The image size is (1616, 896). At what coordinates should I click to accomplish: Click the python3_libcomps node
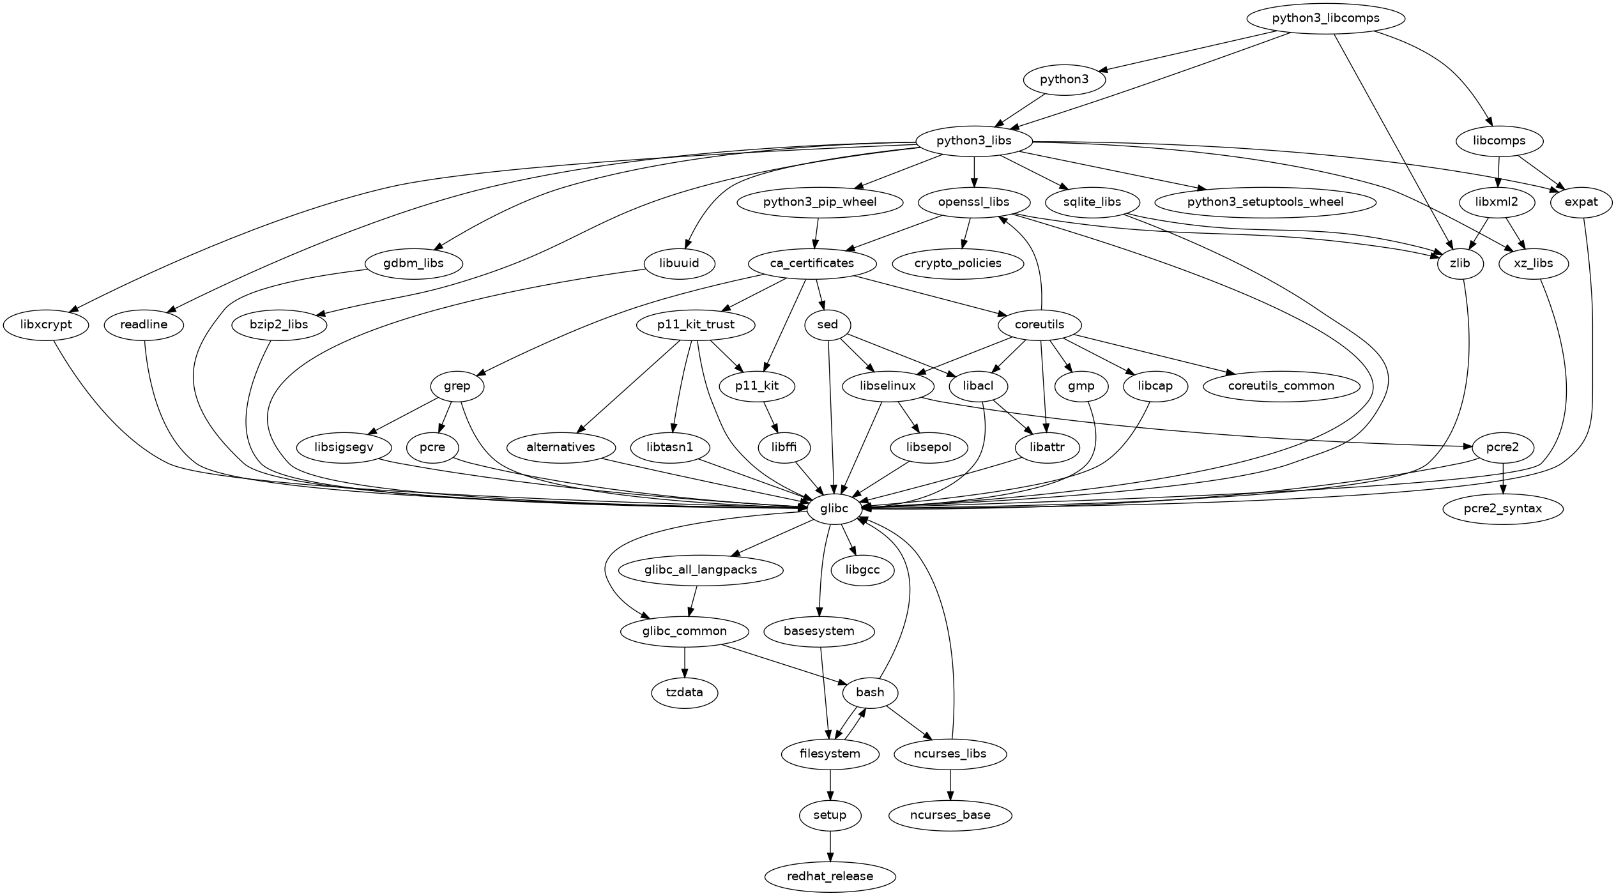pos(1325,18)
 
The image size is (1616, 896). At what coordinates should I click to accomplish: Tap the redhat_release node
pos(830,876)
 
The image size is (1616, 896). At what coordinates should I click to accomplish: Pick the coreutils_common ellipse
pos(1281,386)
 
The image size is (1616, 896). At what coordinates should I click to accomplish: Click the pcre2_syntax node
pos(1503,508)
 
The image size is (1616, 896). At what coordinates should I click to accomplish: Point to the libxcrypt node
pos(46,324)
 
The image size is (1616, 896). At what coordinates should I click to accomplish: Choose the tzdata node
pos(684,692)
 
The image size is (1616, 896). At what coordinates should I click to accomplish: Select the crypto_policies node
pos(957,263)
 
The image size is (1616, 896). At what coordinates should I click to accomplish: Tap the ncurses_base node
pos(950,815)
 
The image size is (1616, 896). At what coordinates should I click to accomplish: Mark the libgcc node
pos(862,570)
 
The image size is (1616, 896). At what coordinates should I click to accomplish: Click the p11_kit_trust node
pos(696,324)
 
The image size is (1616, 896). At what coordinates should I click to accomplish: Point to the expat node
pos(1581,202)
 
